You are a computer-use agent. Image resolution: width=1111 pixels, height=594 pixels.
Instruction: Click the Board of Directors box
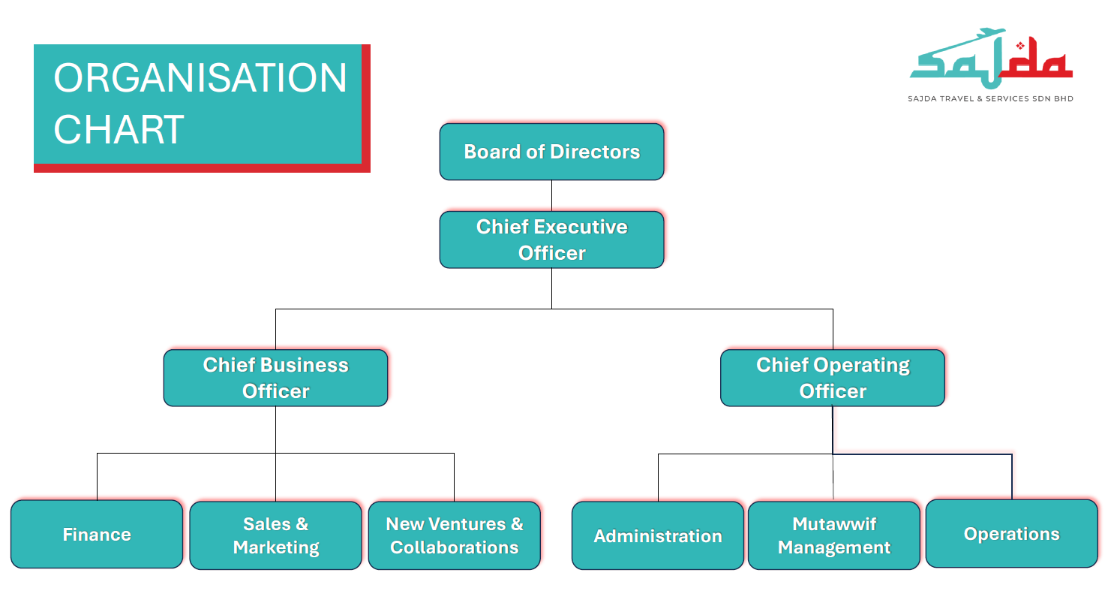tap(551, 152)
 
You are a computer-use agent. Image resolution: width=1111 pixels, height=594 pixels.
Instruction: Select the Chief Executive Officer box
tap(551, 240)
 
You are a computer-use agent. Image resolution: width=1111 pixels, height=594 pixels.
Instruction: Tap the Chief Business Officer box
tap(276, 378)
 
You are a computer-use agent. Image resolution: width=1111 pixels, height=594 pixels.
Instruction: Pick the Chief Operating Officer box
tap(833, 378)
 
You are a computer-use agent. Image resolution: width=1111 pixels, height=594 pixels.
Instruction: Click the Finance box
tap(97, 534)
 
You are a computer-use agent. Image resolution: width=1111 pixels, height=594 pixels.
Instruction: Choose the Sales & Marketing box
tap(276, 535)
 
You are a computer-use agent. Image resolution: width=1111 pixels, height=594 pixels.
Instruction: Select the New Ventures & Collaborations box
tap(455, 535)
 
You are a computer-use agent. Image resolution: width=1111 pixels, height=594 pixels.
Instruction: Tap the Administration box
tap(658, 535)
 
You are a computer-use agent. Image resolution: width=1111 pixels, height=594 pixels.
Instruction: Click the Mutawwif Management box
tap(834, 535)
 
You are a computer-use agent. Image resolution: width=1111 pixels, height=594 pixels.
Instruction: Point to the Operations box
tap(1012, 533)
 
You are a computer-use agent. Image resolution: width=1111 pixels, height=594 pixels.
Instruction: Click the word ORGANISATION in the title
tap(200, 78)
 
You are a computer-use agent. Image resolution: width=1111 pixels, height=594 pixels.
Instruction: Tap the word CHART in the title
tap(119, 129)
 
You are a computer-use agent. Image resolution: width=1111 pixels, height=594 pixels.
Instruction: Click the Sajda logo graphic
tap(991, 57)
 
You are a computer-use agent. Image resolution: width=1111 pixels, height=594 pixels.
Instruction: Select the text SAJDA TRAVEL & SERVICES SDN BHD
tap(990, 99)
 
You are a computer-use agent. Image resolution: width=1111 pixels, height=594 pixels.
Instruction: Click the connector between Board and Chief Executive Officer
tap(551, 196)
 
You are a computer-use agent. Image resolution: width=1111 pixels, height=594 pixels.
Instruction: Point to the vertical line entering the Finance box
tap(98, 477)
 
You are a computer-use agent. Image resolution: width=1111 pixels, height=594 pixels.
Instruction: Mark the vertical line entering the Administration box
tap(658, 478)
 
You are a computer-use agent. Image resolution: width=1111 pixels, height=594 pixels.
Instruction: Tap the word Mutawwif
tap(834, 524)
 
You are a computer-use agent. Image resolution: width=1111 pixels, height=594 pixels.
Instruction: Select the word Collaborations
tap(455, 547)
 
